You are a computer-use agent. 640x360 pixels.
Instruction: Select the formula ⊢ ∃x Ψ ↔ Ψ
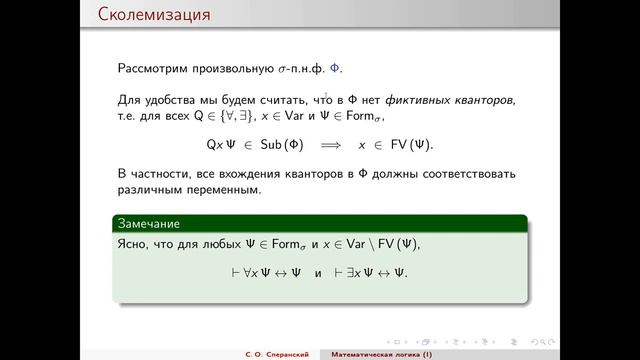tap(372, 273)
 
